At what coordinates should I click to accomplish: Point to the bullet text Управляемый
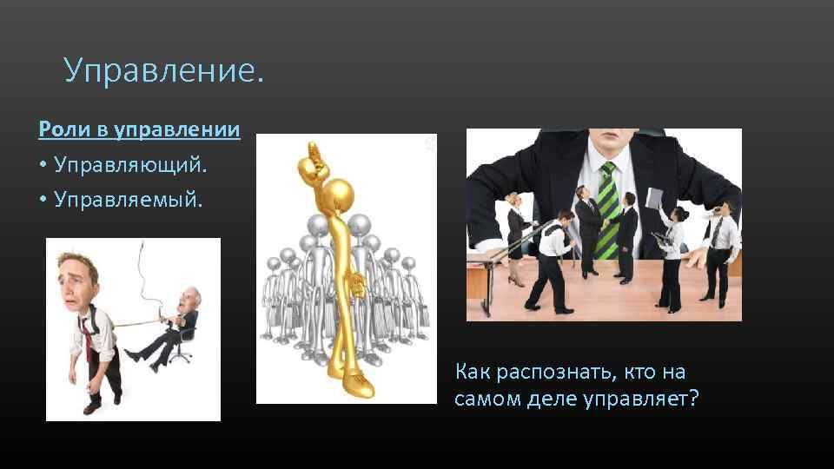(128, 200)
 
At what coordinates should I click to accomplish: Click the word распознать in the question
(551, 373)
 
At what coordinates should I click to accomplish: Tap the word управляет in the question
(640, 400)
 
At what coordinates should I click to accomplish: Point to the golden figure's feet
(353, 382)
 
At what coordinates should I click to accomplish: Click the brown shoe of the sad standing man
(91, 406)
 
